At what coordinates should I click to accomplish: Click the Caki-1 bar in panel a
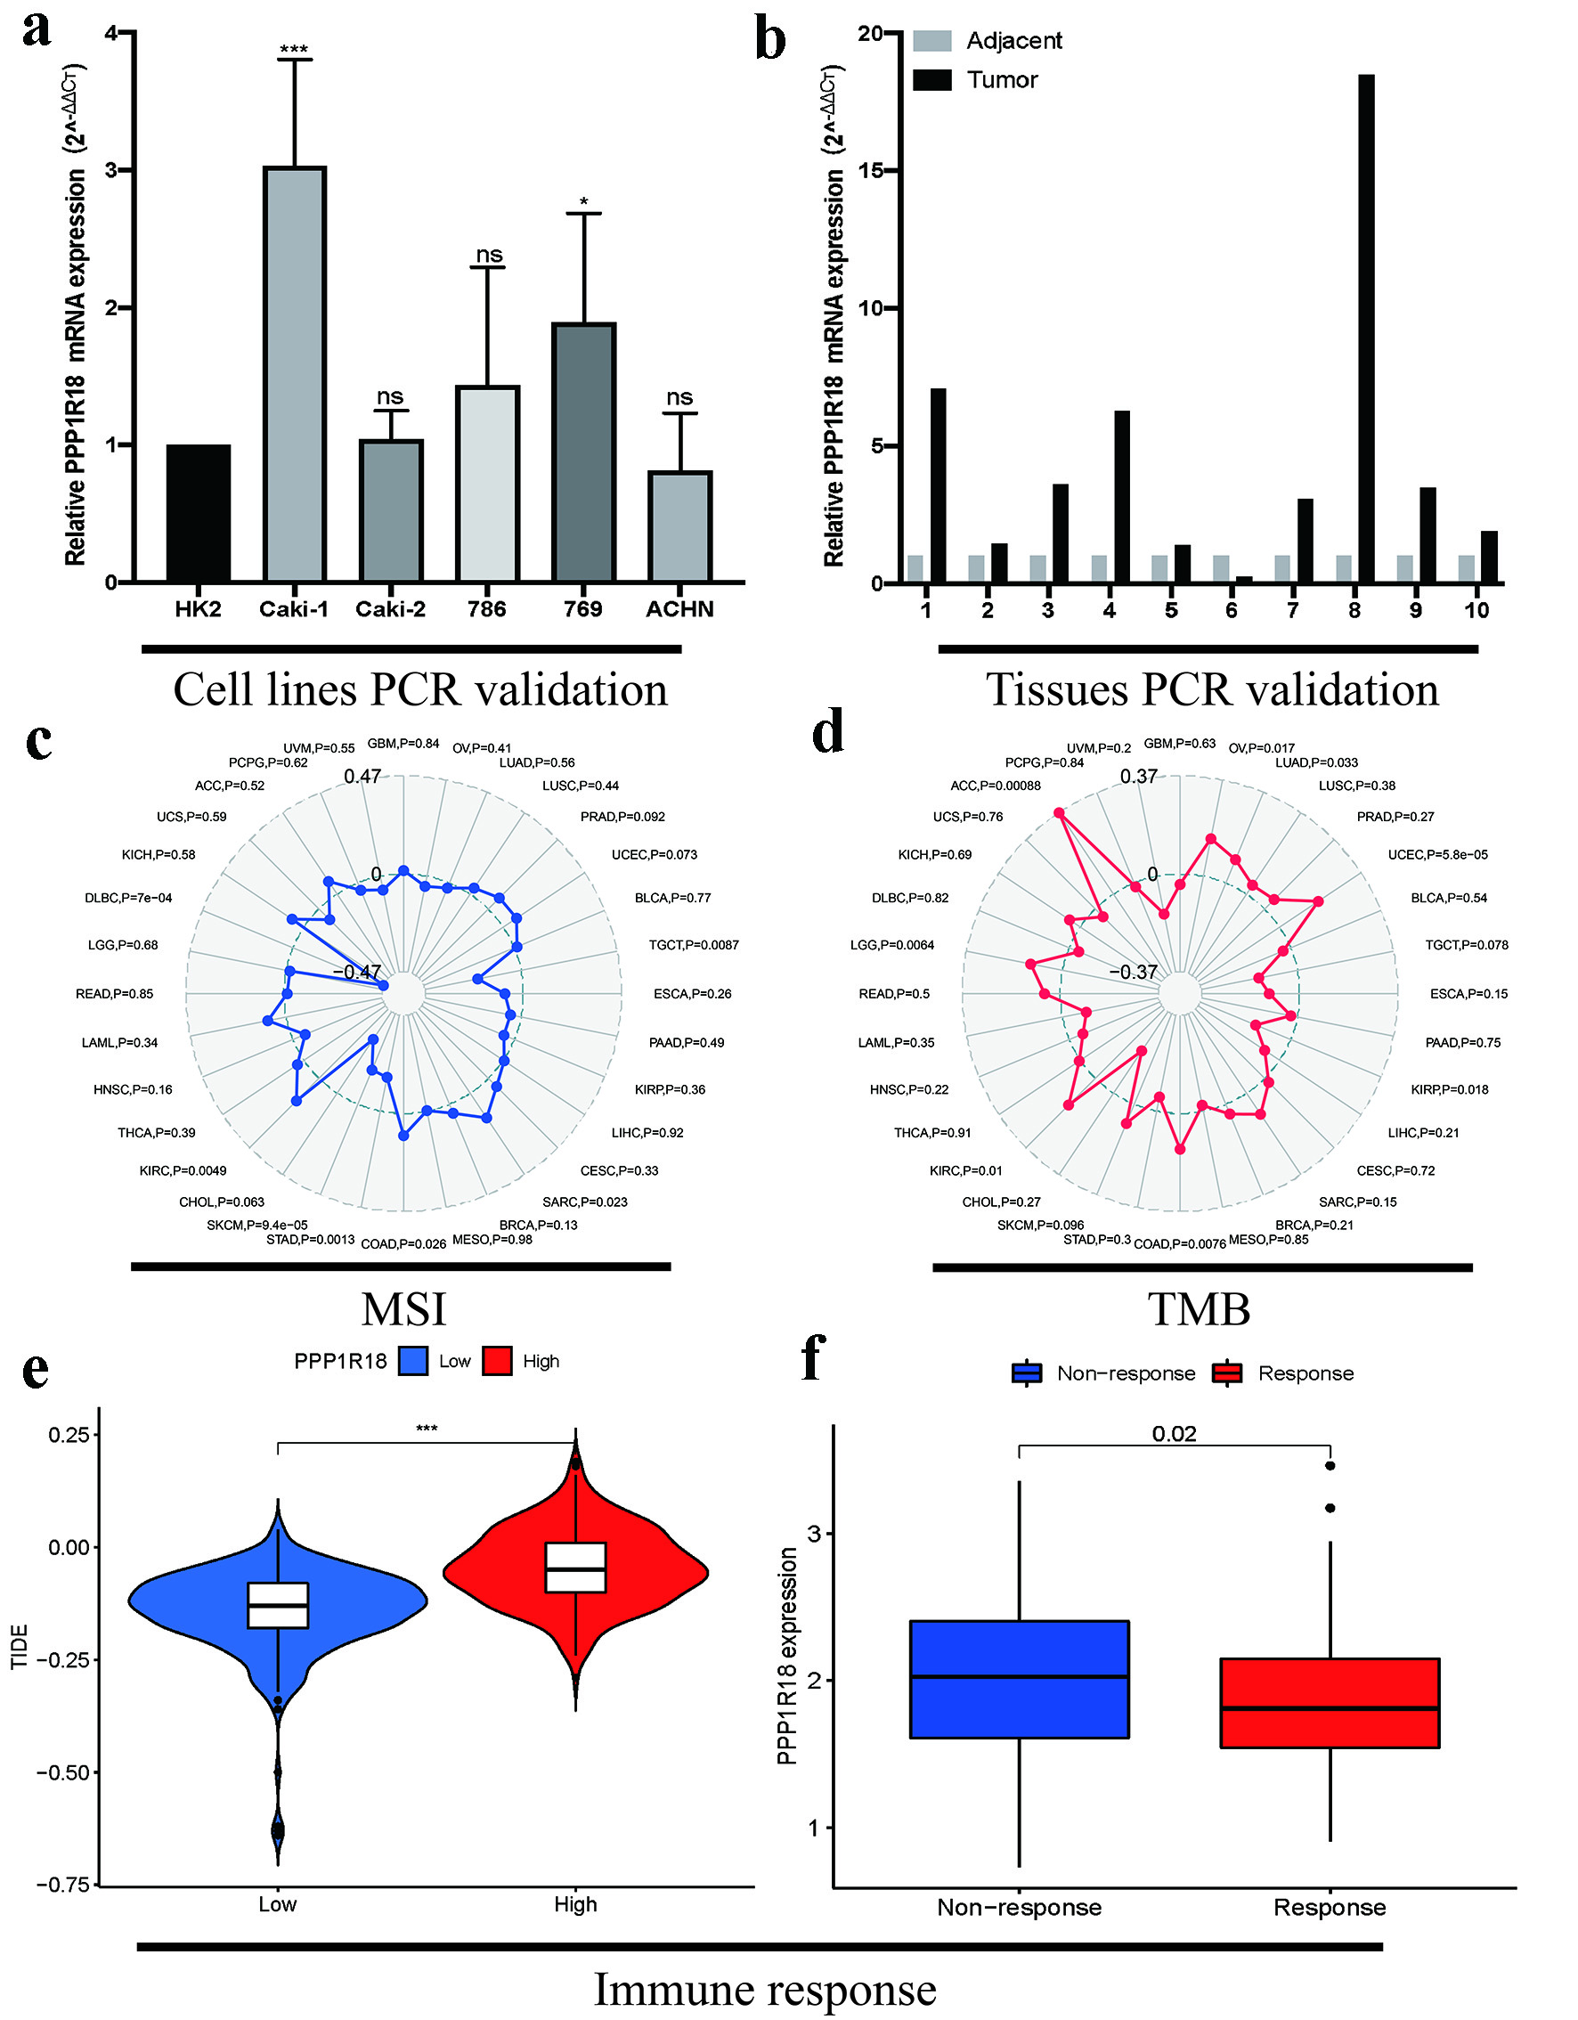pos(295,375)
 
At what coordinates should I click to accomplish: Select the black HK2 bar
pos(199,513)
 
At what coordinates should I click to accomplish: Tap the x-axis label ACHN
pos(679,609)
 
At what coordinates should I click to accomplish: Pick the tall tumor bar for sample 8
pos(1365,329)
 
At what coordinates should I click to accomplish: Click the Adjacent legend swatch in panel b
pos(931,41)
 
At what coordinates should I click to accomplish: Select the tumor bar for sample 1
pos(938,485)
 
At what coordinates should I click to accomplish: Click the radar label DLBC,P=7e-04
pos(128,898)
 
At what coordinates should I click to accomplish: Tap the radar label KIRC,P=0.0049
pos(183,1171)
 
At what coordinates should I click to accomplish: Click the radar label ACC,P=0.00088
pos(996,786)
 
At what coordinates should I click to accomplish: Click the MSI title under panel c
pos(403,1309)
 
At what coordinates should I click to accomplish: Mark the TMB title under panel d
pos(1199,1309)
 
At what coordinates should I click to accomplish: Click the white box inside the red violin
pos(575,1568)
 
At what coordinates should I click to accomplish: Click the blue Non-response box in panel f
pos(1020,1679)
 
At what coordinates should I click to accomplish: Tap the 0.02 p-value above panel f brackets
pos(1174,1434)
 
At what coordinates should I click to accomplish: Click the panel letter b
pos(770,41)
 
